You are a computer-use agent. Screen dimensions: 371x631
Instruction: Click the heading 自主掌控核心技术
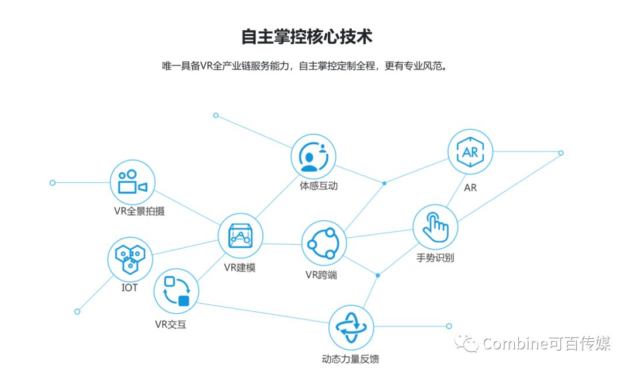click(307, 36)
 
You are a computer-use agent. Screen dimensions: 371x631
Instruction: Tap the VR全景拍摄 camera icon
click(132, 182)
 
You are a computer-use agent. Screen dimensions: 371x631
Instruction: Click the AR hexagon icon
click(470, 152)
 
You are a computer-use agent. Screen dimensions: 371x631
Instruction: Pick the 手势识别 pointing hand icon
click(435, 227)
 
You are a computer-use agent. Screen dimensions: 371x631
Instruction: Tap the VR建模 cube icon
click(240, 236)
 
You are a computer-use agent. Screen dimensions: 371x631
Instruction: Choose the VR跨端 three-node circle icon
click(324, 243)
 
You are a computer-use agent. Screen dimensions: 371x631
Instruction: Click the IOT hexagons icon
click(130, 258)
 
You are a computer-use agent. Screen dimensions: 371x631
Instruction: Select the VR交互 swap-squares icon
click(176, 291)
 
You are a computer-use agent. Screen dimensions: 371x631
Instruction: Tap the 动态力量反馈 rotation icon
click(351, 327)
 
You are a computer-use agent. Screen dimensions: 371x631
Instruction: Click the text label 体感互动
click(318, 186)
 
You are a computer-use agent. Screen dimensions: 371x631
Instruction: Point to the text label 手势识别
click(435, 258)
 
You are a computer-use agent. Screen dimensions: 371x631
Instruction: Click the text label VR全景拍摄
click(139, 211)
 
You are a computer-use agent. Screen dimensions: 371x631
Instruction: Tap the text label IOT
click(130, 287)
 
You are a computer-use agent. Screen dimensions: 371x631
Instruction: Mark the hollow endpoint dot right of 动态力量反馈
click(449, 326)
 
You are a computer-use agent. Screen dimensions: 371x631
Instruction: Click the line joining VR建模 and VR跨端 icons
click(282, 244)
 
